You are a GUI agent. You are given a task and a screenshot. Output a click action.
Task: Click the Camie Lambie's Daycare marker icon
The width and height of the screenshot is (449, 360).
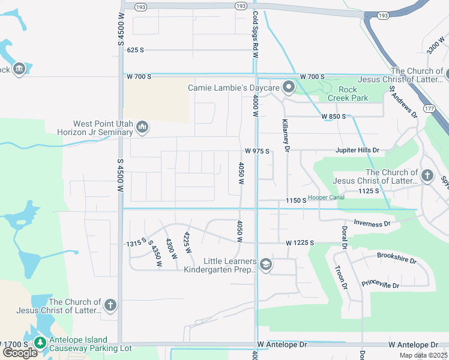(x=289, y=88)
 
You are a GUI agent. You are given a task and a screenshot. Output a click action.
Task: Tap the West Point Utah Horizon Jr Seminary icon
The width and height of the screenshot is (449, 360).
(x=142, y=126)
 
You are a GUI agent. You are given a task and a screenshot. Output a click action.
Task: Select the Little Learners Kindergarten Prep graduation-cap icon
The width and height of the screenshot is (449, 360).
(x=266, y=265)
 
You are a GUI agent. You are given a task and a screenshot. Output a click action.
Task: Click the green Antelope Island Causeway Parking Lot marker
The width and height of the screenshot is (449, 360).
(x=40, y=343)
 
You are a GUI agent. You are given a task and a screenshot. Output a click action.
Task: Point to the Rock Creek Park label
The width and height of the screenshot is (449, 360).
(x=348, y=94)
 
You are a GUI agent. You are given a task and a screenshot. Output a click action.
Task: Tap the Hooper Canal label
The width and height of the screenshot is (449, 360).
(x=326, y=197)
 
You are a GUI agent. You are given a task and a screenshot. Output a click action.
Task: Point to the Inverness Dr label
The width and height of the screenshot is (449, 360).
(x=372, y=223)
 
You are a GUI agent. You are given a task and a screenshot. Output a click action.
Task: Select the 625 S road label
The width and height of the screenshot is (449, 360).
(x=135, y=50)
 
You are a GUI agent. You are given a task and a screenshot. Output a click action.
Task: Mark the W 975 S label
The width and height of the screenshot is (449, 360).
(x=256, y=151)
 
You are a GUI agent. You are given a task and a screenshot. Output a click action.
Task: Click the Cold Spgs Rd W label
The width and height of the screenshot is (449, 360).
(x=255, y=34)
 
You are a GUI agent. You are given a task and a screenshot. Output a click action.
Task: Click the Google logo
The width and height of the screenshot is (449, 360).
(x=20, y=353)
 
